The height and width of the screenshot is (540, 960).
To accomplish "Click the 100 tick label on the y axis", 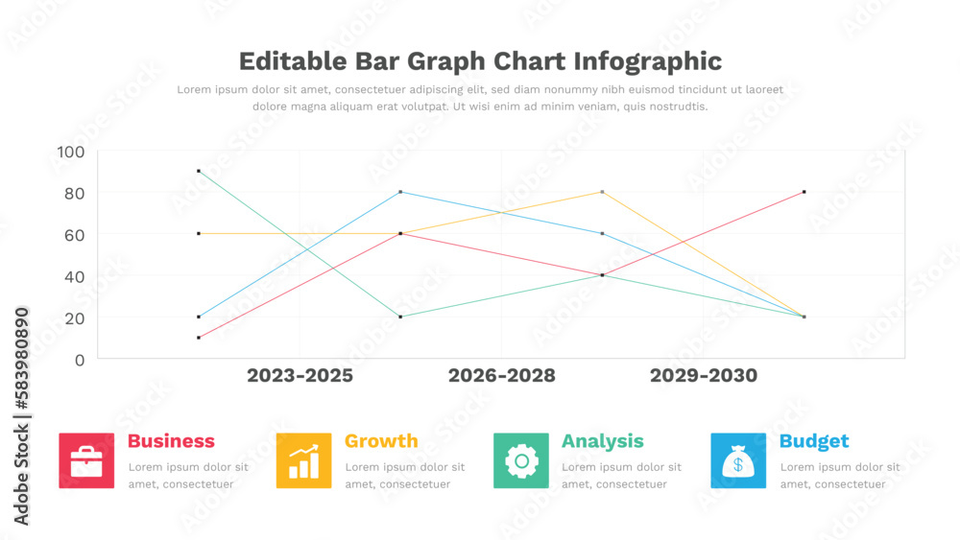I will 71,152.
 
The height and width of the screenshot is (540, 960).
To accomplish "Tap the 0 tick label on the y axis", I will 79,360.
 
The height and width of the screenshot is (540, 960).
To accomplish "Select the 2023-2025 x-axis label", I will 300,375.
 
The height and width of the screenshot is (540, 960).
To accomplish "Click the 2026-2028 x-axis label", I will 501,375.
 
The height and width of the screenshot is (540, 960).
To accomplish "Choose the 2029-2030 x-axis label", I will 703,375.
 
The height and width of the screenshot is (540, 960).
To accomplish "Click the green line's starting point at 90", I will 199,171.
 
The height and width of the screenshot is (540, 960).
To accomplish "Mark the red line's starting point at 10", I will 199,338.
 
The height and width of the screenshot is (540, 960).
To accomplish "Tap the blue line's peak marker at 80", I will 400,192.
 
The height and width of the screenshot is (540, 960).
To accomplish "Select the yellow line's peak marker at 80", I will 602,192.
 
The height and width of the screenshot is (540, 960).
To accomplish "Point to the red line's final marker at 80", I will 804,192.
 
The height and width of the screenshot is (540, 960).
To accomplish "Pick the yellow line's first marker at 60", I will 199,233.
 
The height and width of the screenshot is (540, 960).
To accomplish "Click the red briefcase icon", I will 86,460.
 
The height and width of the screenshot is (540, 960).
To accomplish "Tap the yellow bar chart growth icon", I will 303,460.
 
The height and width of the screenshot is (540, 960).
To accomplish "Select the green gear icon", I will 521,460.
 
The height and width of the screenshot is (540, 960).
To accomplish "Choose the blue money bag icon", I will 738,460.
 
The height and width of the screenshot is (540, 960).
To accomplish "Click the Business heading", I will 171,441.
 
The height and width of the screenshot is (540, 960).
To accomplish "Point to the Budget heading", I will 814,441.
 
